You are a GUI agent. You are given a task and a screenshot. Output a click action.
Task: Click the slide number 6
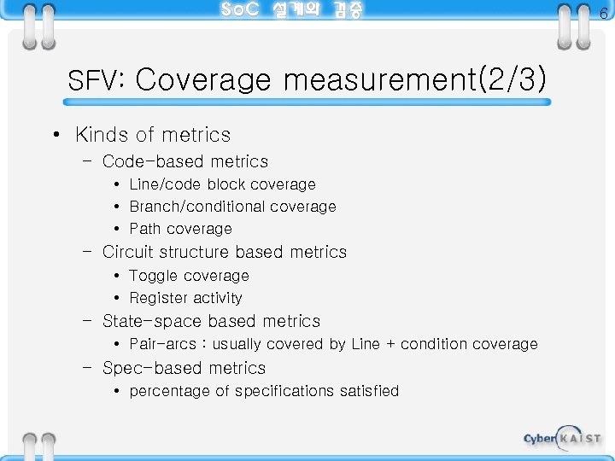pyautogui.click(x=603, y=13)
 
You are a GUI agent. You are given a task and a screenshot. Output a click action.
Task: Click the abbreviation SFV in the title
pyautogui.click(x=96, y=81)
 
